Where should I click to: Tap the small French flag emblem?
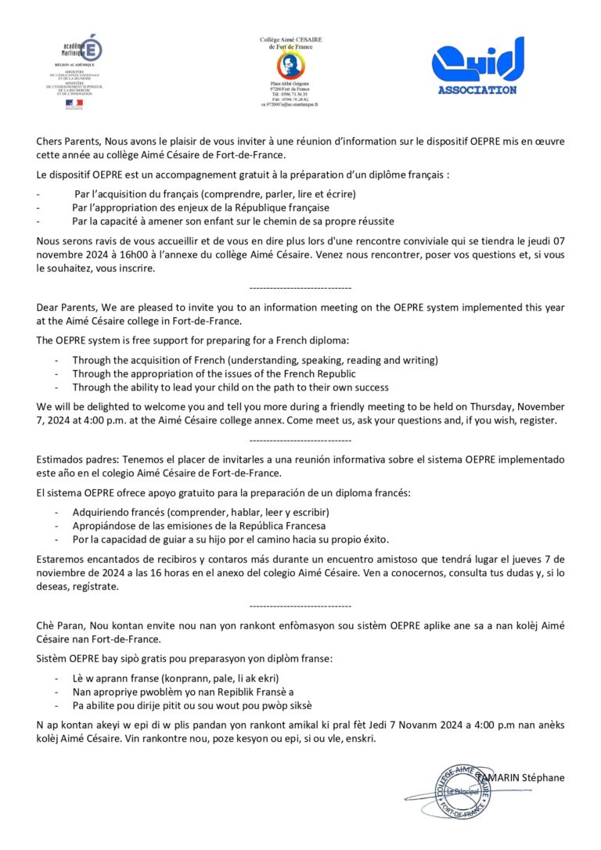point(74,103)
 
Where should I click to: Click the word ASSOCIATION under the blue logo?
point(477,90)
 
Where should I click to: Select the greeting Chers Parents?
point(65,141)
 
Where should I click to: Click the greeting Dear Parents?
point(65,307)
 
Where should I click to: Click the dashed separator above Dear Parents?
point(300,288)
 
